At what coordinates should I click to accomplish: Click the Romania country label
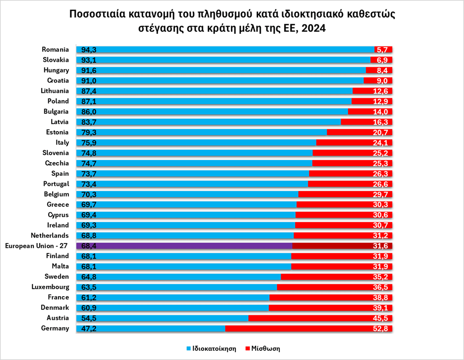pyautogui.click(x=55, y=49)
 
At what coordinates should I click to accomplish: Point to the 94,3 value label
pyautogui.click(x=89, y=50)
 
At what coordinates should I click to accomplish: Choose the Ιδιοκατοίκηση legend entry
pyautogui.click(x=211, y=349)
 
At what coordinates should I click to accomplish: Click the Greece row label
pyautogui.click(x=58, y=204)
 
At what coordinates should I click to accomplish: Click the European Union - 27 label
pyautogui.click(x=36, y=246)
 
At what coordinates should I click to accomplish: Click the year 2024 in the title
pyautogui.click(x=314, y=28)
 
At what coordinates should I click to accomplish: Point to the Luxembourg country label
pyautogui.click(x=50, y=287)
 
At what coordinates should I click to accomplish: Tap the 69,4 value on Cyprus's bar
pyautogui.click(x=89, y=215)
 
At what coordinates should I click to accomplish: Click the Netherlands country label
pyautogui.click(x=50, y=235)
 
